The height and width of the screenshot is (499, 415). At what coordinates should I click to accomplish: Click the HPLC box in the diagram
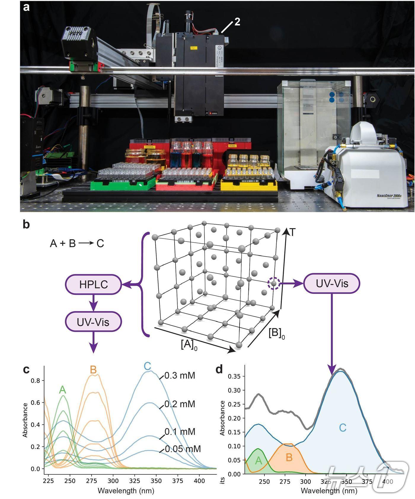click(x=93, y=284)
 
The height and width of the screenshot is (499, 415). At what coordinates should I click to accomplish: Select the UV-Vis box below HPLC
click(x=93, y=322)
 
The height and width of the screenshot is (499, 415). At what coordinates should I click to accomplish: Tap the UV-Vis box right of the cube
click(x=332, y=284)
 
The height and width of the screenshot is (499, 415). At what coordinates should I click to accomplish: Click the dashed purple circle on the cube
click(x=274, y=284)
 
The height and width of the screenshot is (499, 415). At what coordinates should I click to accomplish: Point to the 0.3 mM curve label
click(x=180, y=376)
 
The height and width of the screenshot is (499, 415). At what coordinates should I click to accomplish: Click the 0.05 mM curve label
click(x=183, y=449)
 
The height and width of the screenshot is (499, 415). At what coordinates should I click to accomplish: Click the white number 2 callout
click(x=237, y=22)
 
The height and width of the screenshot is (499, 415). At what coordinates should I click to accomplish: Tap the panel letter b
click(x=26, y=225)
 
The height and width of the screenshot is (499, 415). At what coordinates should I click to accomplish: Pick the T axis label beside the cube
click(x=293, y=233)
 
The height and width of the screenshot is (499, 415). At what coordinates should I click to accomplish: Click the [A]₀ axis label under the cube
click(x=189, y=345)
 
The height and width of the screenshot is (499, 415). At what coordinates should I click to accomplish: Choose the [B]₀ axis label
click(x=277, y=334)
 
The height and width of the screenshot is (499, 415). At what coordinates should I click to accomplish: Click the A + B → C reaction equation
click(x=77, y=243)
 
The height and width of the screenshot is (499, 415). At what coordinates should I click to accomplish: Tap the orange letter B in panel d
click(x=289, y=458)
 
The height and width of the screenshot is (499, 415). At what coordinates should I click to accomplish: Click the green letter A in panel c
click(x=62, y=390)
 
